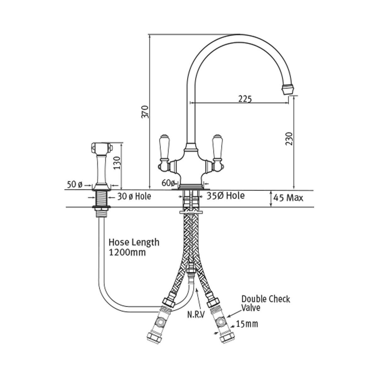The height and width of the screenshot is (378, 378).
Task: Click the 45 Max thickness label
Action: (x=288, y=198)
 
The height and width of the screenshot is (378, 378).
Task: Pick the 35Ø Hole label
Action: (x=226, y=196)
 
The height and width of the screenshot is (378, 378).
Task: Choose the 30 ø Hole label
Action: (x=134, y=197)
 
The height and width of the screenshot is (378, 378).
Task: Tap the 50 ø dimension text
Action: (x=74, y=184)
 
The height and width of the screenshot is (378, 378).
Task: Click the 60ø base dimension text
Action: (x=169, y=183)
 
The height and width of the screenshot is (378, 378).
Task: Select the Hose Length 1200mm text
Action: (x=134, y=247)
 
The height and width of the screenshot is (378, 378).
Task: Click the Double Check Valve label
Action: (x=266, y=303)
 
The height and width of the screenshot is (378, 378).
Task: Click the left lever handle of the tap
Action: (x=164, y=148)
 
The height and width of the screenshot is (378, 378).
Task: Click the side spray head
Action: (x=101, y=147)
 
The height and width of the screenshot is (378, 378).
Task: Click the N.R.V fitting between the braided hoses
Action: (x=191, y=270)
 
